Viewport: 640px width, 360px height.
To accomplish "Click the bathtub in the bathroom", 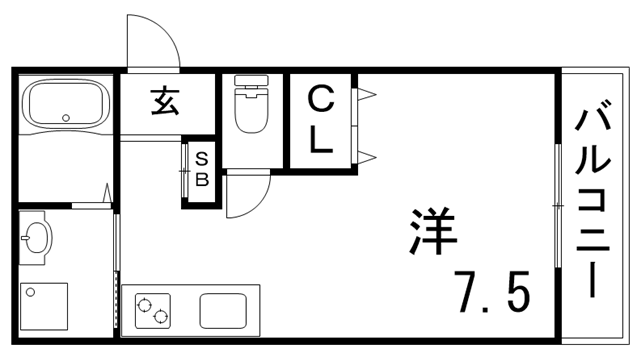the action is coord(65,105).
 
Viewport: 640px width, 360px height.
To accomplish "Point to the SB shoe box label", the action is coord(200,170).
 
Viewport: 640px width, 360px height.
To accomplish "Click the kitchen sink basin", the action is coord(229,311).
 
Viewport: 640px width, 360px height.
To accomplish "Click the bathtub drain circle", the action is coord(66,116).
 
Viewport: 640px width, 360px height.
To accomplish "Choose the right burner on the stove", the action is coord(161,319).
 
